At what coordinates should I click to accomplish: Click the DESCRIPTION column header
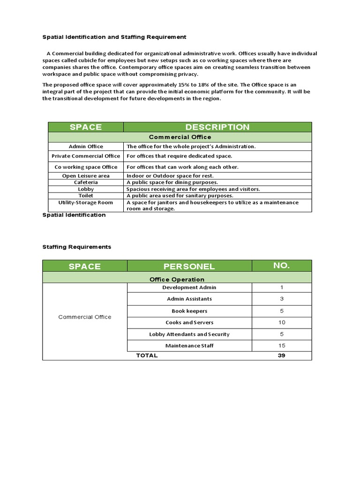click(217, 127)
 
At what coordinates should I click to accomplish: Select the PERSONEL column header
click(189, 266)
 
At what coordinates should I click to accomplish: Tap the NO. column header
click(282, 266)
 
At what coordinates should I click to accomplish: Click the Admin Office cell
click(86, 146)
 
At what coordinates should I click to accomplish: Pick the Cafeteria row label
click(86, 182)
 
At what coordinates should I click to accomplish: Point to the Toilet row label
click(86, 195)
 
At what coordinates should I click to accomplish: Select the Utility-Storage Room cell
click(86, 202)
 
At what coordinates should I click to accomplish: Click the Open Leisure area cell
click(86, 176)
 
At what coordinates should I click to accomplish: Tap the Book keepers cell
click(189, 311)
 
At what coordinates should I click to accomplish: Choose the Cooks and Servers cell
click(189, 322)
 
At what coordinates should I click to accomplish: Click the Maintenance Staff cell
click(189, 346)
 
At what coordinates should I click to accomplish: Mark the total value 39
click(281, 355)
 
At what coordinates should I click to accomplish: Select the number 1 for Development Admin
click(281, 287)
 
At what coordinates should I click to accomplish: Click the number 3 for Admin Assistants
click(281, 299)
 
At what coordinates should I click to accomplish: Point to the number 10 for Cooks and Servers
click(281, 322)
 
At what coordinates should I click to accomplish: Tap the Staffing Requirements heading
click(77, 247)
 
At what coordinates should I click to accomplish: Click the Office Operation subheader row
click(177, 279)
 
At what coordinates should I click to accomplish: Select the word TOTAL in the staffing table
click(147, 355)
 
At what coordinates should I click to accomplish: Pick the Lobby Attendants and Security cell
click(189, 334)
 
